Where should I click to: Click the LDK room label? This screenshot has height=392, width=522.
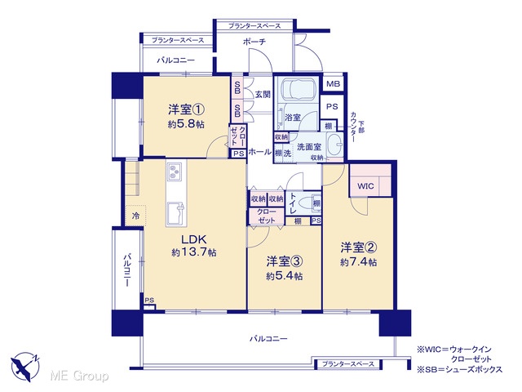click(194, 239)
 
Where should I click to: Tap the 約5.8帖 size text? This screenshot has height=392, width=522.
click(186, 124)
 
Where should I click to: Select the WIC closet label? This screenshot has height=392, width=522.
click(365, 186)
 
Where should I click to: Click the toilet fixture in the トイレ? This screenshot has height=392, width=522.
click(304, 203)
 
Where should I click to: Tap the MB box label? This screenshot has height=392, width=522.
click(333, 83)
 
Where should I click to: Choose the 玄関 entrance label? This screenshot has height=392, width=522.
click(263, 95)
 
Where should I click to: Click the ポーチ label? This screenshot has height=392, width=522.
click(254, 42)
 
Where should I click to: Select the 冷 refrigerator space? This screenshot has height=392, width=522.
click(135, 216)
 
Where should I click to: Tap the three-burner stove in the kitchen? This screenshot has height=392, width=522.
click(174, 171)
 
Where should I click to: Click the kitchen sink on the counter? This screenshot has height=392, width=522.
click(175, 213)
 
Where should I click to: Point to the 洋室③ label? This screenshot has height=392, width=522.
click(285, 261)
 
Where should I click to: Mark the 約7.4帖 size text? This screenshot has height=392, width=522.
click(359, 262)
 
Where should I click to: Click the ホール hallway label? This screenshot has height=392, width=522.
click(260, 152)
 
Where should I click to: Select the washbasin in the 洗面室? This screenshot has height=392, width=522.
click(335, 145)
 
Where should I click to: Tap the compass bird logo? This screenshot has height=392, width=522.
click(25, 366)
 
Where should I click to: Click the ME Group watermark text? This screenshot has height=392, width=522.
click(79, 376)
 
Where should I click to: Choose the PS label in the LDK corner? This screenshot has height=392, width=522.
click(149, 301)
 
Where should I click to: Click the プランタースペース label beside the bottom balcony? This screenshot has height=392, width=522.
click(348, 364)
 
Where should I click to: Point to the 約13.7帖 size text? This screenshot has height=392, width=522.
click(194, 252)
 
